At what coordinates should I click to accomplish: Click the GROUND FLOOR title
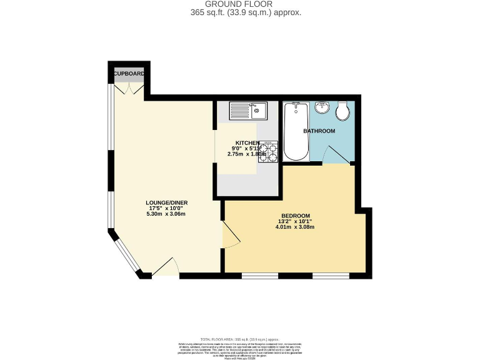pyautogui.click(x=240, y=4)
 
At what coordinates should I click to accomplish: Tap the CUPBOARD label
pyautogui.click(x=129, y=74)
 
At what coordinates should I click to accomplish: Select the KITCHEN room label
pyautogui.click(x=247, y=143)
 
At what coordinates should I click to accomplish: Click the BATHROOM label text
pyautogui.click(x=319, y=131)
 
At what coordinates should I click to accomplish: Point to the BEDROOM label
pyautogui.click(x=295, y=216)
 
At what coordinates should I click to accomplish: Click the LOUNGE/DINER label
pyautogui.click(x=166, y=202)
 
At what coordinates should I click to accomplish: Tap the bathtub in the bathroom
pyautogui.click(x=295, y=132)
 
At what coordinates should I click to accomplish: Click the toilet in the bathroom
pyautogui.click(x=342, y=112)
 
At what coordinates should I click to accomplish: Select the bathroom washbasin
pyautogui.click(x=322, y=107)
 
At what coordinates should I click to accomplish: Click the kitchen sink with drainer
pyautogui.click(x=248, y=111)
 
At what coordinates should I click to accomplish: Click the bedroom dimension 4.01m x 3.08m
pyautogui.click(x=295, y=227)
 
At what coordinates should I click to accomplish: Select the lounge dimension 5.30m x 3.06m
pyautogui.click(x=166, y=214)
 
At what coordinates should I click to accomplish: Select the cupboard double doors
pyautogui.click(x=129, y=89)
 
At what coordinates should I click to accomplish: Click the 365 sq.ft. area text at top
pyautogui.click(x=240, y=12)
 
